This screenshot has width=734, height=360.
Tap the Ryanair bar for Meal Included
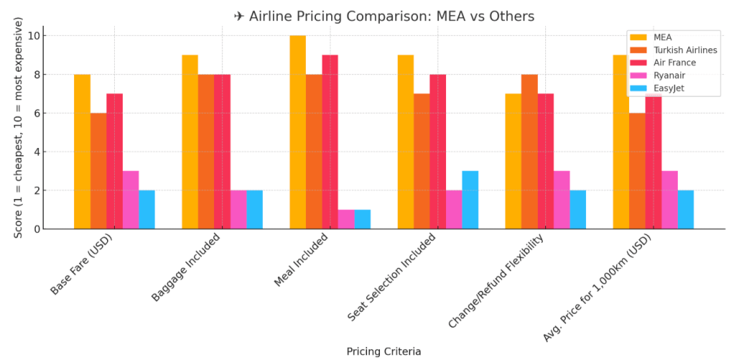[x=345, y=219]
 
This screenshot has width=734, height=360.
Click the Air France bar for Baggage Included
[x=222, y=152]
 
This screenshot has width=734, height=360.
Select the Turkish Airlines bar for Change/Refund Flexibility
[x=529, y=152]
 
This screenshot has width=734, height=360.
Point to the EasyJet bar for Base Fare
[x=147, y=210]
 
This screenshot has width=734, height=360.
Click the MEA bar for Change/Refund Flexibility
[x=514, y=161]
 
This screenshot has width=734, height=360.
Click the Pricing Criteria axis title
[x=384, y=351]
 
